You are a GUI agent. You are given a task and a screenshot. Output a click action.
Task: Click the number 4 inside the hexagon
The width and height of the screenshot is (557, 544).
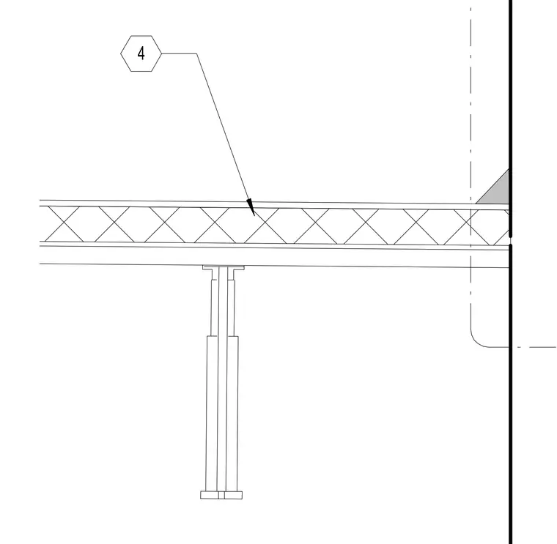pyautogui.click(x=141, y=53)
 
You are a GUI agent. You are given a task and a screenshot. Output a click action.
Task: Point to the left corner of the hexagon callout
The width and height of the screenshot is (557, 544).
pyautogui.click(x=121, y=53)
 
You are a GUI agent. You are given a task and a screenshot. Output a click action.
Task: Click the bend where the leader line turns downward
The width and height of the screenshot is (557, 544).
pyautogui.click(x=196, y=53)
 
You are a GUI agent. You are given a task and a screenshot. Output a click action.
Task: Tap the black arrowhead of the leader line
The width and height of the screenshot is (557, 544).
pyautogui.click(x=251, y=207)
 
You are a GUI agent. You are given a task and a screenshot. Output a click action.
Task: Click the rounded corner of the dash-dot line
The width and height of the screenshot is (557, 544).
pyautogui.click(x=476, y=341)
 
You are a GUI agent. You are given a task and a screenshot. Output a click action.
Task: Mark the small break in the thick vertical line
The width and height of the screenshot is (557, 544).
pyautogui.click(x=511, y=240)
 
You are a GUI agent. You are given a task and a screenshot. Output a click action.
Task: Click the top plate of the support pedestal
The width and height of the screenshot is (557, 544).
pyautogui.click(x=224, y=267)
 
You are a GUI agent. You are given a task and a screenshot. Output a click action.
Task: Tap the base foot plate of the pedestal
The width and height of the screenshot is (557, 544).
pyautogui.click(x=221, y=495)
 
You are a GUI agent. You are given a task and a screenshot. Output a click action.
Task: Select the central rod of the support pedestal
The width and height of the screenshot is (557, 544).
pyautogui.click(x=222, y=380)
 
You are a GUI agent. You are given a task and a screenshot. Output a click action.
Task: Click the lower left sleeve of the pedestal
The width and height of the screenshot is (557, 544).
pyautogui.click(x=212, y=414)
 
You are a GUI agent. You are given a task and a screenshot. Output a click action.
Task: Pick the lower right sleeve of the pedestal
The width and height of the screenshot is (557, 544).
pyautogui.click(x=232, y=414)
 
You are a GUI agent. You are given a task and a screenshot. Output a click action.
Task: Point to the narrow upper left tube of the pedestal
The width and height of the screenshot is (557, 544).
pyautogui.click(x=215, y=308)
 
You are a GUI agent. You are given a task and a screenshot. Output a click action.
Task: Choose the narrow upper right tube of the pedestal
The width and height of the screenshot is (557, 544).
pyautogui.click(x=231, y=308)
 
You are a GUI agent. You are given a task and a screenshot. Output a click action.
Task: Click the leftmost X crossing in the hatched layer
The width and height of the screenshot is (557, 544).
pyautogui.click(x=64, y=223)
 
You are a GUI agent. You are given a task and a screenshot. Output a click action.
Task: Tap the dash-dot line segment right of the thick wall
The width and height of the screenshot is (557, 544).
pyautogui.click(x=536, y=347)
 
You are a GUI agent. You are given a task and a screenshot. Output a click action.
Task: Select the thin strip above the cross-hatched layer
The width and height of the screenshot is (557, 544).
pyautogui.click(x=274, y=204)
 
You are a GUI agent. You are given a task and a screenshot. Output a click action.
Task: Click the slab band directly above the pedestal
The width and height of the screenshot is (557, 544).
pyautogui.click(x=274, y=256)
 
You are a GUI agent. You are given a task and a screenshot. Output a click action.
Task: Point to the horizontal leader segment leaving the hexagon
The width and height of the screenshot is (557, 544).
pyautogui.click(x=179, y=53)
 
